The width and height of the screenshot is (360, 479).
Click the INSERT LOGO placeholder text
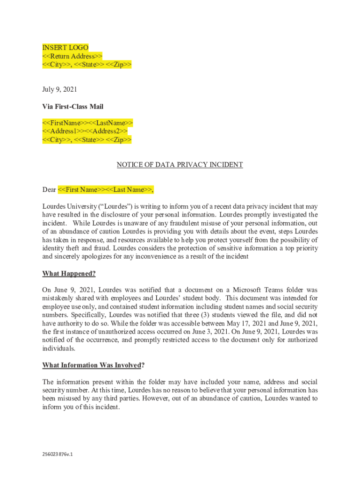click(65, 48)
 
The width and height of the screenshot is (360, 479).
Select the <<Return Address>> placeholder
click(72, 56)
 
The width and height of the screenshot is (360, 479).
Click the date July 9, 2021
click(60, 89)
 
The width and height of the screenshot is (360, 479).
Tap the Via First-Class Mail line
click(72, 107)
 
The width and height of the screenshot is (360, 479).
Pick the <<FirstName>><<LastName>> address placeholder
click(87, 123)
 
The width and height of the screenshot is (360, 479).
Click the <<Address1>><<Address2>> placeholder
click(85, 131)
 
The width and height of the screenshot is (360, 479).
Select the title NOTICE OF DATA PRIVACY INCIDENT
click(180, 165)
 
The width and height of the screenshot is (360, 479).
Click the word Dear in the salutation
click(49, 189)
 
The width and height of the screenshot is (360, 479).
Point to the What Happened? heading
click(69, 274)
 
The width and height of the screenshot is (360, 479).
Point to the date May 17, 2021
click(255, 323)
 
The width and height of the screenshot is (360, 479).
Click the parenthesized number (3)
click(209, 315)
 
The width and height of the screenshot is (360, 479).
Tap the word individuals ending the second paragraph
click(58, 348)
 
